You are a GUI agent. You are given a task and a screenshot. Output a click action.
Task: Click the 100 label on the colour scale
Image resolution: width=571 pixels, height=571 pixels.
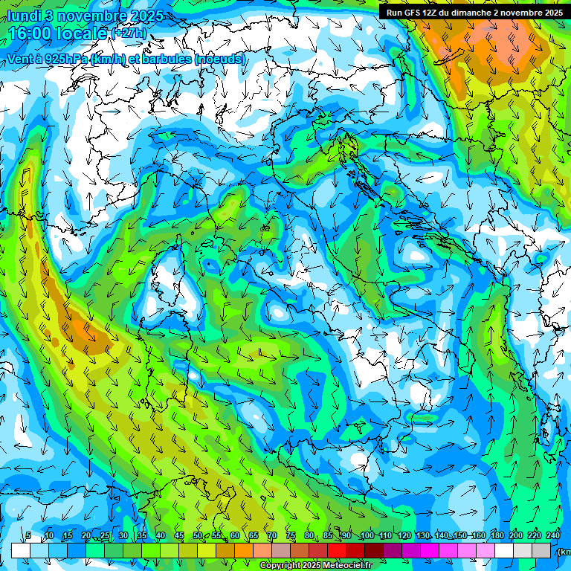click(x=367, y=536)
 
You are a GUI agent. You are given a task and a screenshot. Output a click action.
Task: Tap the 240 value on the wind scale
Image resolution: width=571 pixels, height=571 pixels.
click(x=553, y=536)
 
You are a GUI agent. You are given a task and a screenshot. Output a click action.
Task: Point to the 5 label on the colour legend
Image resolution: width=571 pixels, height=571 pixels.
click(x=28, y=536)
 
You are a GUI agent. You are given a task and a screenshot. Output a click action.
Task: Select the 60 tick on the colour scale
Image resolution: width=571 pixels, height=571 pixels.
click(x=235, y=536)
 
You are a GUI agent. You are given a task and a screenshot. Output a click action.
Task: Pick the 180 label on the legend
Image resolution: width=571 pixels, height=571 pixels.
click(x=497, y=536)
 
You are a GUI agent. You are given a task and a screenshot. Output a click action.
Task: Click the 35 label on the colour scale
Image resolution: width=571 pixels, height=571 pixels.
click(x=141, y=536)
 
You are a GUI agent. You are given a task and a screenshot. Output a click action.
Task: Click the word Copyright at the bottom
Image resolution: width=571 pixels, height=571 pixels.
click(x=280, y=566)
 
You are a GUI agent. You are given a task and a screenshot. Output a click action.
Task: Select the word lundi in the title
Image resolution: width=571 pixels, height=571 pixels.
click(x=24, y=15)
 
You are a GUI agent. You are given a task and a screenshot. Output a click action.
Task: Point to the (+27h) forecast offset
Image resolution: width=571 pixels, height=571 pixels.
click(x=129, y=34)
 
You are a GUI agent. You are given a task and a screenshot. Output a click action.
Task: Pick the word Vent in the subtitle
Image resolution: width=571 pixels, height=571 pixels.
click(x=21, y=59)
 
